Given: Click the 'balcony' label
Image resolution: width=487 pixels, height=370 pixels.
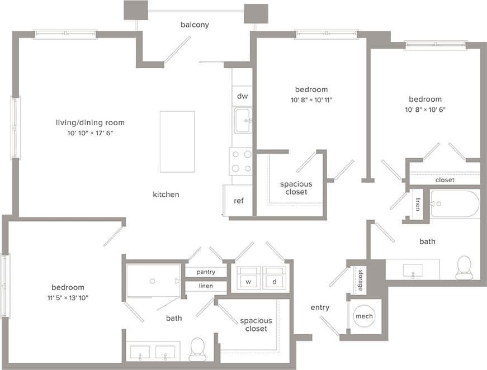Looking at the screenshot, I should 195,25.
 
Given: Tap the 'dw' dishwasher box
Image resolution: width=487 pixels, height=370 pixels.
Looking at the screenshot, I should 242,96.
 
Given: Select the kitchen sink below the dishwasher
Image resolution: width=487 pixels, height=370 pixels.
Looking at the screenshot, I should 243,121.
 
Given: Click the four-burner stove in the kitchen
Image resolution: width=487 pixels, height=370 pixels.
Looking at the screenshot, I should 241,161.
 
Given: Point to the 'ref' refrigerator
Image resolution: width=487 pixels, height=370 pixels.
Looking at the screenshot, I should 239,201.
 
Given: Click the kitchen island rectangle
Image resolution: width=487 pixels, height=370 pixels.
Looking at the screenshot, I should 177,141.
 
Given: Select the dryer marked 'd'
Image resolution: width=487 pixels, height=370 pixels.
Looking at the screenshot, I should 275,278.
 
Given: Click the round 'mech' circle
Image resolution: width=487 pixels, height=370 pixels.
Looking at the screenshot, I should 364,316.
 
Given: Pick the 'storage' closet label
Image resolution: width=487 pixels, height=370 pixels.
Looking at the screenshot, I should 360,279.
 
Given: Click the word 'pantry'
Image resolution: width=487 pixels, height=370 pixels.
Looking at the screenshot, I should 206,272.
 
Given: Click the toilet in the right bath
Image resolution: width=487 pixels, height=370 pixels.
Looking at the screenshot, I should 464,268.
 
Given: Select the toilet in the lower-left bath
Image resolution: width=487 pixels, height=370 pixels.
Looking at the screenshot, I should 197,349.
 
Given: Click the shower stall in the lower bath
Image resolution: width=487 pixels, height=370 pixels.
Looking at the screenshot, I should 153,280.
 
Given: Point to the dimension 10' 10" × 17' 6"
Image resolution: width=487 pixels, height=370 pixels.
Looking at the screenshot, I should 90,133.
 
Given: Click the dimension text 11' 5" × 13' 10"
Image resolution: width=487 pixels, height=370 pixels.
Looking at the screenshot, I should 68,297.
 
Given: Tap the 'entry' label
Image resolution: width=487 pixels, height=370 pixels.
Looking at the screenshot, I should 320,307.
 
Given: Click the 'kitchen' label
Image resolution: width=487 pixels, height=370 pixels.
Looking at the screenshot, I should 166,195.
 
